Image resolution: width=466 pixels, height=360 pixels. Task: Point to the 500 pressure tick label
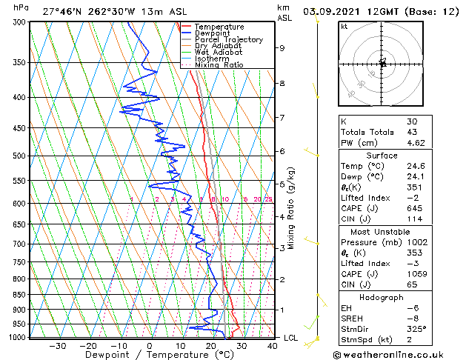[16, 156]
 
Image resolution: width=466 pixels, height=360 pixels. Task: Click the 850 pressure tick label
[16, 295]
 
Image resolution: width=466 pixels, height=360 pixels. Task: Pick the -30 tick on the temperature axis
[57, 346]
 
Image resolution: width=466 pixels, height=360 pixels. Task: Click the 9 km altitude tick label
[282, 48]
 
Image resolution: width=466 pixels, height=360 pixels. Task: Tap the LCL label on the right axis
[291, 338]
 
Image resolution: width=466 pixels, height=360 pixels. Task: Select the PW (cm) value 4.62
[416, 142]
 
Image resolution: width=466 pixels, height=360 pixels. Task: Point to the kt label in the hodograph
[344, 27]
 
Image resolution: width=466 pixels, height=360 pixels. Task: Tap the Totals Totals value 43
[411, 132]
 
